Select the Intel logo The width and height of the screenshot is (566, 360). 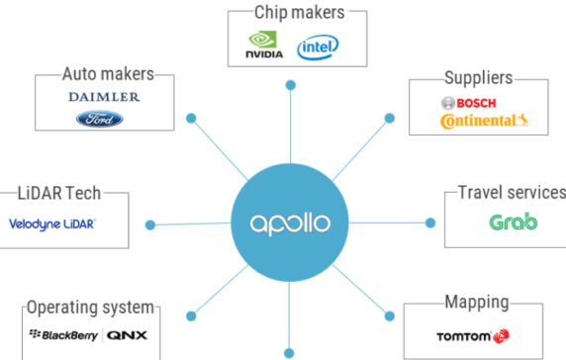tap(317, 46)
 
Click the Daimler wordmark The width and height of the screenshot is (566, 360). tap(104, 97)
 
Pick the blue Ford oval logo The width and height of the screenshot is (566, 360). tap(100, 119)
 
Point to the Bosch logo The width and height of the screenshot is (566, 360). tap(468, 102)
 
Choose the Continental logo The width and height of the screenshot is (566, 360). tap(479, 121)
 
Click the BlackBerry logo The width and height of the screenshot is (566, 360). tap(64, 335)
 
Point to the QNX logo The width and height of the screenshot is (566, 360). tap(127, 335)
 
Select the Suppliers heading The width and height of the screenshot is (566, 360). tap(477, 76)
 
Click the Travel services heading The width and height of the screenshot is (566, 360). tap(511, 192)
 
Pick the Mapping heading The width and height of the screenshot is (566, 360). tap(476, 302)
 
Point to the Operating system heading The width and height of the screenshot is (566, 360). tap(90, 306)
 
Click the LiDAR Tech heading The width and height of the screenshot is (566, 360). tap(58, 193)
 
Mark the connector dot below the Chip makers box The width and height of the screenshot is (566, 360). tap(289, 83)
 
